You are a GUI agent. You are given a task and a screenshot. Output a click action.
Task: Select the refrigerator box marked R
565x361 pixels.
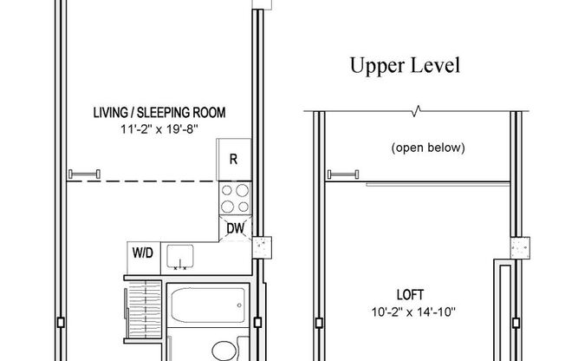pos(233,159)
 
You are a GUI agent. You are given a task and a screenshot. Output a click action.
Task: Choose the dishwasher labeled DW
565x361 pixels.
pos(235,228)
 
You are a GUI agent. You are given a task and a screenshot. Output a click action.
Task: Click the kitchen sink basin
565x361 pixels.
pos(180,257)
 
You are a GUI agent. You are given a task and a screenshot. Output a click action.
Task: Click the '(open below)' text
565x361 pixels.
pos(428,148)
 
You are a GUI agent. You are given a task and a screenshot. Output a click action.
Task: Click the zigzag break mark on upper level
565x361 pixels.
pos(419,111)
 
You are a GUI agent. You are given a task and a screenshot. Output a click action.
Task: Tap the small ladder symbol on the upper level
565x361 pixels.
pos(341,174)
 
